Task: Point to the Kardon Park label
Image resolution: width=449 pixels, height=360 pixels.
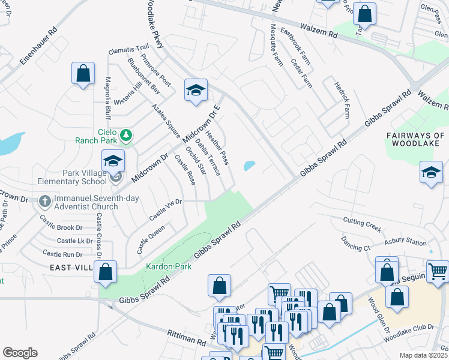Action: click(169, 266)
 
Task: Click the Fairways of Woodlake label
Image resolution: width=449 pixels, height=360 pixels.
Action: click(415, 140)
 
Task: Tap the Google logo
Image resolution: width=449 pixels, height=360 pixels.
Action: click(20, 353)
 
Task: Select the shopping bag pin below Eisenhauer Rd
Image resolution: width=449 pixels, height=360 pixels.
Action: click(83, 74)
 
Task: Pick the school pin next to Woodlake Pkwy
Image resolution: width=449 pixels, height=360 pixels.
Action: click(196, 91)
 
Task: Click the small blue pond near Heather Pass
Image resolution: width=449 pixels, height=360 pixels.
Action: click(249, 165)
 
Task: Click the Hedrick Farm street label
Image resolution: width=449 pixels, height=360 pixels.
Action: click(342, 100)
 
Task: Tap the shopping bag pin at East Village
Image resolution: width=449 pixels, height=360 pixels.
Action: click(106, 272)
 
